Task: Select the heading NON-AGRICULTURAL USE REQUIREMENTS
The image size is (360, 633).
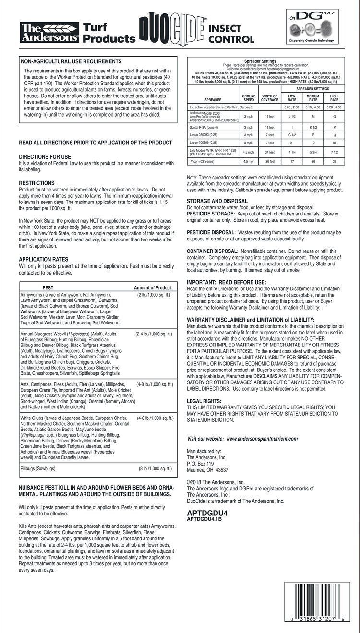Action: point(70,61)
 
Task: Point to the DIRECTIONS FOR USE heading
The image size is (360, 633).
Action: point(45,157)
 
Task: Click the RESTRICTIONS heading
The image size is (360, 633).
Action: point(36,183)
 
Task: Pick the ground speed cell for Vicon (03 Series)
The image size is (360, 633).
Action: point(249,161)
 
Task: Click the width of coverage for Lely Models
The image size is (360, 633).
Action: point(269,152)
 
